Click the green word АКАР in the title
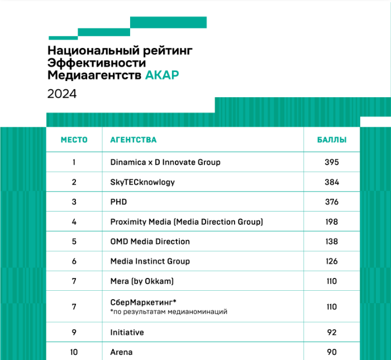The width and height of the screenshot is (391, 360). coord(162,75)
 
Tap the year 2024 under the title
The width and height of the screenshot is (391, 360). coord(62,94)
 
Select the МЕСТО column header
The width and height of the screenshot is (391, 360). coord(74,140)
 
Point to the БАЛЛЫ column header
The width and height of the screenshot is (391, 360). coord(332,140)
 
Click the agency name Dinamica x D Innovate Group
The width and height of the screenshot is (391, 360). coord(165,162)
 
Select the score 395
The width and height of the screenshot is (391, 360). coord(332,162)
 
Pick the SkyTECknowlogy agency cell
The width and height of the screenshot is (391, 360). coord(142,182)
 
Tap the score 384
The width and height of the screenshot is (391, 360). coord(332,182)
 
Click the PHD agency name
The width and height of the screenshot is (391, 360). coord(118,202)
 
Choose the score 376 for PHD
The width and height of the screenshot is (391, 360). coord(332,202)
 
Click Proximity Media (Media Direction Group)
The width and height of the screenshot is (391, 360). coord(187,222)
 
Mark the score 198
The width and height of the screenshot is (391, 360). coord(332,222)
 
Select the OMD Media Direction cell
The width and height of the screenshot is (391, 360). coord(150,242)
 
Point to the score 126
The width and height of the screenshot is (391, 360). coord(332,261)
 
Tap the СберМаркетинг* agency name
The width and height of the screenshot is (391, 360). coord(144,302)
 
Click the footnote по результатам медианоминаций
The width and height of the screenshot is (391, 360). coord(169,311)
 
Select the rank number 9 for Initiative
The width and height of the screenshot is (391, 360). coord(74,333)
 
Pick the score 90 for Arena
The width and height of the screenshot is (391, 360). coord(332,352)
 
